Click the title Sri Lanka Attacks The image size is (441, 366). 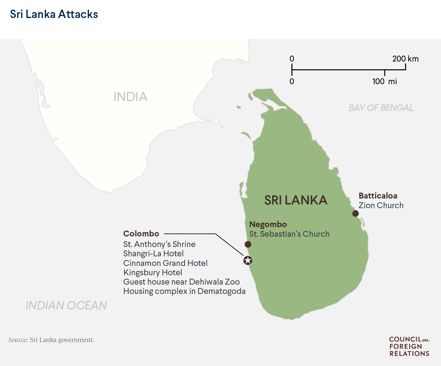(x=54, y=14)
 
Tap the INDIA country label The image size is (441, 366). (x=130, y=97)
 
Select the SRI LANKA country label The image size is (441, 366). (x=296, y=200)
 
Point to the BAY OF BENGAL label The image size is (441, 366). (x=381, y=108)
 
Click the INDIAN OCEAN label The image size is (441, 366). (x=66, y=305)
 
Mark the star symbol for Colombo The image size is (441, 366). (x=248, y=260)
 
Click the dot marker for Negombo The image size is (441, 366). (x=248, y=244)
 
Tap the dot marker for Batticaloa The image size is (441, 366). (x=355, y=213)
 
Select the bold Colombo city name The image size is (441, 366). (x=141, y=234)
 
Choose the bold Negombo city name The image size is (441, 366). (x=268, y=224)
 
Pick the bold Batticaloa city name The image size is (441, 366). (x=378, y=196)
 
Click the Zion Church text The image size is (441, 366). (x=381, y=205)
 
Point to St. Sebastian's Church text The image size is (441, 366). (x=289, y=234)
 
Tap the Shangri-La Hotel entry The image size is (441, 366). (x=153, y=254)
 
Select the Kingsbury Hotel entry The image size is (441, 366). (x=153, y=272)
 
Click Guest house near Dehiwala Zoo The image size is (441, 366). (x=181, y=282)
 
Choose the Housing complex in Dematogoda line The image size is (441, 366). (x=184, y=291)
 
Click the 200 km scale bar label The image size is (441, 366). (x=405, y=59)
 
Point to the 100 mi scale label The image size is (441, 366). (x=384, y=81)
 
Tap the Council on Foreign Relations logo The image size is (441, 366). (x=409, y=346)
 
